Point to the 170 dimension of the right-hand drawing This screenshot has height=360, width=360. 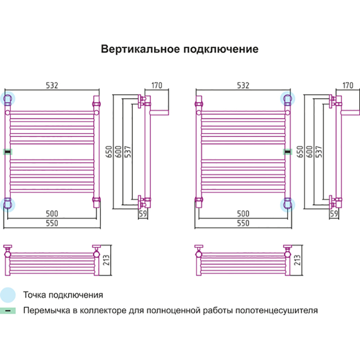(347, 85)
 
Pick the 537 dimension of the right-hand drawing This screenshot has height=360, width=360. (319, 152)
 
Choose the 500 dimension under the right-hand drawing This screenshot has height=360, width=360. (243, 213)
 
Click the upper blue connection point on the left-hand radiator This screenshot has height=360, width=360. (9, 98)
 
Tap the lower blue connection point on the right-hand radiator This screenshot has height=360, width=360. (287, 205)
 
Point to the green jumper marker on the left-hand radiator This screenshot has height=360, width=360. (8, 152)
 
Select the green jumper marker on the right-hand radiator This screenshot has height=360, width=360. (286, 152)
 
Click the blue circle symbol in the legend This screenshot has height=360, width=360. (8, 295)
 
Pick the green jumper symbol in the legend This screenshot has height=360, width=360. (8, 310)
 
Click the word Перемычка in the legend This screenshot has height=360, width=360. (43, 310)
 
